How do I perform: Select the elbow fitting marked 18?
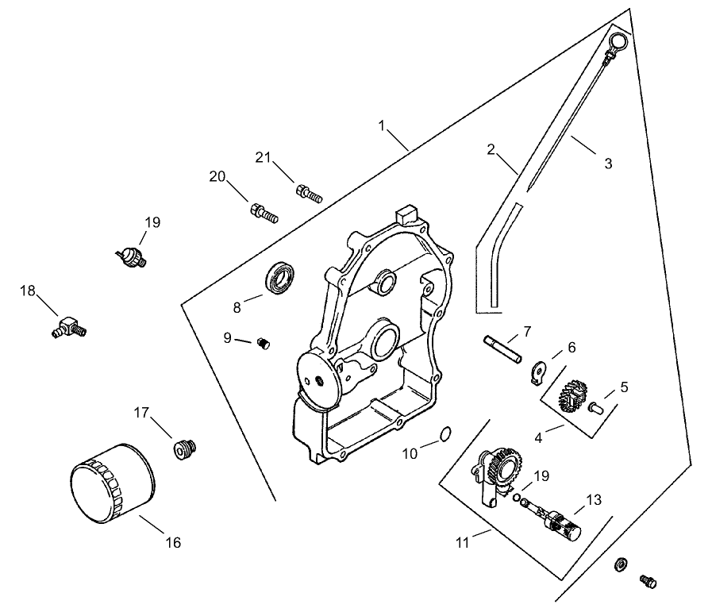click(x=69, y=326)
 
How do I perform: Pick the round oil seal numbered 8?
click(x=281, y=277)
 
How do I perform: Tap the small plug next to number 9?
click(x=264, y=343)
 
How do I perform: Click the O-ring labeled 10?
click(x=445, y=433)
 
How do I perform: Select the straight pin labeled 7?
click(x=502, y=350)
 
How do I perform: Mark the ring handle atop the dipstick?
click(x=618, y=40)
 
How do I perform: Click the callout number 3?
click(x=608, y=164)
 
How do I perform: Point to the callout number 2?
click(x=491, y=148)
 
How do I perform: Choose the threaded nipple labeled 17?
click(x=185, y=448)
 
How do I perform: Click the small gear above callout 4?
click(x=573, y=395)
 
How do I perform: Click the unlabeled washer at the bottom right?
click(x=622, y=564)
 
